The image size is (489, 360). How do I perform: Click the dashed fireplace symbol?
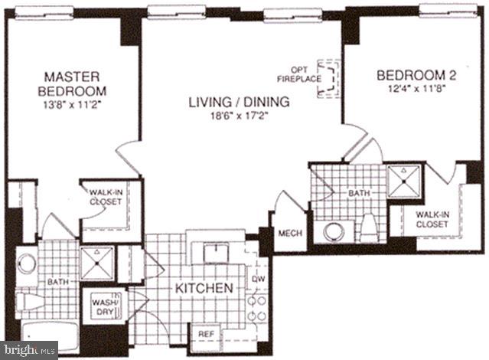(x=330, y=78)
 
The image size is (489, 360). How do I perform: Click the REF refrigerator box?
(x=207, y=334)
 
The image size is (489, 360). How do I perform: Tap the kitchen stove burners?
(x=259, y=306)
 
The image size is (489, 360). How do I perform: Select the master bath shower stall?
(x=97, y=263)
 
